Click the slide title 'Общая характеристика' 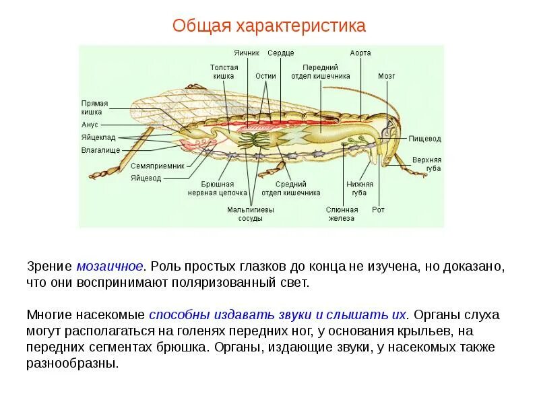click(269, 26)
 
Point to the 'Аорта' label click(360, 53)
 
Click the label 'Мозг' click(386, 76)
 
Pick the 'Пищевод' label click(425, 139)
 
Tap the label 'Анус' click(90, 125)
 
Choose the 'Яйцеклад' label click(96, 137)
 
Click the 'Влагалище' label click(100, 149)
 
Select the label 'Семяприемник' click(157, 166)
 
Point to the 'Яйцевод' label click(146, 178)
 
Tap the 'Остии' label click(266, 76)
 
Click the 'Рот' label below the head click(378, 209)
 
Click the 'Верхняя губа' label click(427, 164)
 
